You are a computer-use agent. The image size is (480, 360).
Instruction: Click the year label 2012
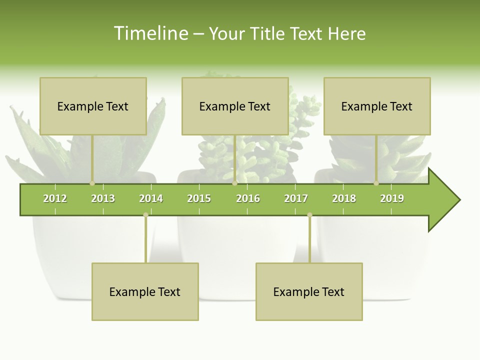pos(55,198)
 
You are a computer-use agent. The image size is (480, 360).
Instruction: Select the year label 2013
pos(103,198)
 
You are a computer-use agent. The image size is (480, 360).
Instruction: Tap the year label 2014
pos(151,198)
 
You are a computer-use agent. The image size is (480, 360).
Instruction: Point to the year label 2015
pos(199,198)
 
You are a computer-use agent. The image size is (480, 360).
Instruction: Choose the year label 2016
pos(248,198)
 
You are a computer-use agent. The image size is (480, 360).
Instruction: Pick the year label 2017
pos(296,198)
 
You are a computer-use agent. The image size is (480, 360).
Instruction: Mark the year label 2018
pos(344,198)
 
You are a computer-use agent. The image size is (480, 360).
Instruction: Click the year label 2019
pos(392,198)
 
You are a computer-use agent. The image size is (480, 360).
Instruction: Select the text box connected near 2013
pos(93,106)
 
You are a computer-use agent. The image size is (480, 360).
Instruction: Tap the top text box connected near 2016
pos(235,106)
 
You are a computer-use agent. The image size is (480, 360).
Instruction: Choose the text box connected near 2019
pos(377,106)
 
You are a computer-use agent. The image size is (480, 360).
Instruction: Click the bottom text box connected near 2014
pos(145,291)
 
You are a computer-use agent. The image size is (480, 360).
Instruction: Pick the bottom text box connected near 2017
pos(309,291)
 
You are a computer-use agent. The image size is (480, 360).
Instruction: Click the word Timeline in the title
pos(150,33)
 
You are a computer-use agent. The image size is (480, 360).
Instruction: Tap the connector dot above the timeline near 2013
pos(92,183)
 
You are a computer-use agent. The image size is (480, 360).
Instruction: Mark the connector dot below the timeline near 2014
pos(145,215)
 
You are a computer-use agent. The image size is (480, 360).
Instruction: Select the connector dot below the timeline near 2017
pos(309,215)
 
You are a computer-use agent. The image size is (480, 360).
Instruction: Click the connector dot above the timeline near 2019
pos(376,183)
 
